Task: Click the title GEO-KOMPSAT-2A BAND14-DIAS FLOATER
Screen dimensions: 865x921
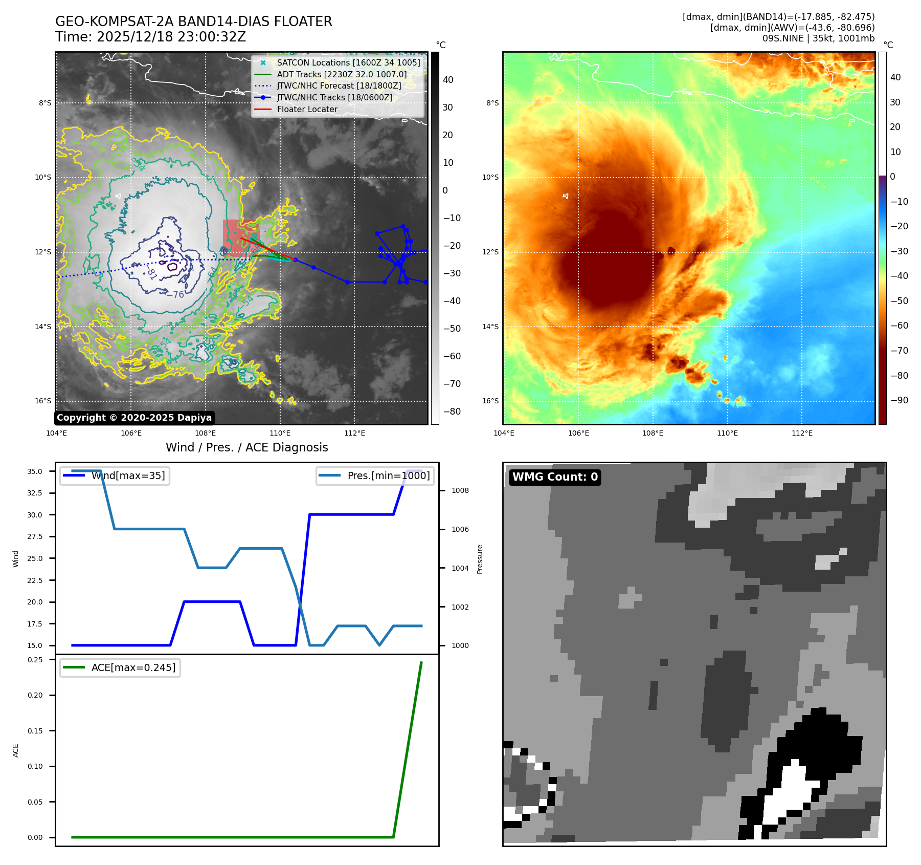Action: coord(193,21)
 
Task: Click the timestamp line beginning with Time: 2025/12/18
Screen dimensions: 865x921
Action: coord(150,37)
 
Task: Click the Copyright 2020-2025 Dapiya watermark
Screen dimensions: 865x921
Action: coord(134,418)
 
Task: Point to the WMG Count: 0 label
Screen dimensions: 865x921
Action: coord(555,477)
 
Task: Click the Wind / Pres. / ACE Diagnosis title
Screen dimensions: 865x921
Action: coord(246,447)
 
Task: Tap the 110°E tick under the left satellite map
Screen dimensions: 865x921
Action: coord(280,433)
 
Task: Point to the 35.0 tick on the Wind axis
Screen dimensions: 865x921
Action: coord(35,471)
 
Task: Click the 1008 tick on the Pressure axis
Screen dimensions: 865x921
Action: coord(460,490)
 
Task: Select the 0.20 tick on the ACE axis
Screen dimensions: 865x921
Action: coord(35,695)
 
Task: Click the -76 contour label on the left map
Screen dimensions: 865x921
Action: coord(175,294)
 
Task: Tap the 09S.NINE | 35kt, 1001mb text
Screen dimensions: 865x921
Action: coord(818,38)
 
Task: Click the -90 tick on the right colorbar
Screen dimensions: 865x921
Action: coord(899,400)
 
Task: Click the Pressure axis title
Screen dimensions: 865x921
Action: coord(480,559)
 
